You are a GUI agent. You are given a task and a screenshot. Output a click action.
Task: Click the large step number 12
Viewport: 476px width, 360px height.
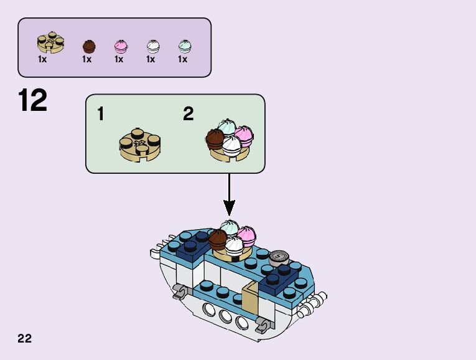[x=33, y=101]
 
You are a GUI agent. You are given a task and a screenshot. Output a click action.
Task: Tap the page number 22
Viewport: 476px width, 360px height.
[x=25, y=338]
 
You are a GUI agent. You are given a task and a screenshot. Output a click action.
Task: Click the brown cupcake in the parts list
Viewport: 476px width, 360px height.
[x=89, y=46]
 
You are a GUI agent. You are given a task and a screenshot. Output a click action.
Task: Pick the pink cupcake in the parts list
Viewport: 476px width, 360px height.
[x=121, y=46]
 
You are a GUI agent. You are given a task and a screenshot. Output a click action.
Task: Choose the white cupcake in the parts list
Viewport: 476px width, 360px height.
[x=152, y=46]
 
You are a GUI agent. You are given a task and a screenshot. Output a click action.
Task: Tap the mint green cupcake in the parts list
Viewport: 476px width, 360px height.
[x=184, y=46]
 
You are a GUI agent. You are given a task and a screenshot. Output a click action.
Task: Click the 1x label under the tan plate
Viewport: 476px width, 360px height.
[x=42, y=60]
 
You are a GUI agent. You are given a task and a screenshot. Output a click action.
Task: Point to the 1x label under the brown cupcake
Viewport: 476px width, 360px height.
[x=86, y=60]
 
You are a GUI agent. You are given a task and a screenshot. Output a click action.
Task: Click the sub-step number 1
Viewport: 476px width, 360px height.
[x=101, y=114]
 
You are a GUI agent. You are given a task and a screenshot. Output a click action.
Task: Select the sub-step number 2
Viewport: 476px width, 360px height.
[x=189, y=114]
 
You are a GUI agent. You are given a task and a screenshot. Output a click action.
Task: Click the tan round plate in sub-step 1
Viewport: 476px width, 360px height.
[x=141, y=143]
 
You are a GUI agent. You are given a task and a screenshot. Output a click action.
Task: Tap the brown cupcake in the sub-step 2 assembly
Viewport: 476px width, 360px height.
[x=215, y=138]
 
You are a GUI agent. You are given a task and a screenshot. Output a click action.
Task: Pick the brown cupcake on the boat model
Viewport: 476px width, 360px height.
[x=218, y=239]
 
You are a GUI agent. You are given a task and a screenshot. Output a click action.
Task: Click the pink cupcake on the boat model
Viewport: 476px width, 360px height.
[x=246, y=235]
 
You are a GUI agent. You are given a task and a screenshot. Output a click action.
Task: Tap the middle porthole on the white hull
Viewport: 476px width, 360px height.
[x=226, y=316]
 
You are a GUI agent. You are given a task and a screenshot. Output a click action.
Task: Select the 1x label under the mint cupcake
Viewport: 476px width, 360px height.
[x=182, y=60]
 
